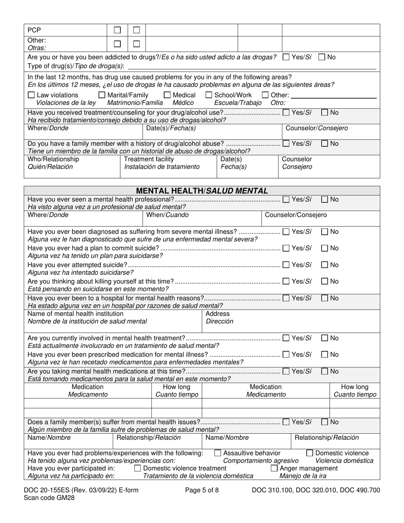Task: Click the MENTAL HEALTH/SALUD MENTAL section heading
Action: coord(202,191)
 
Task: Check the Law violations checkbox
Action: coord(31,95)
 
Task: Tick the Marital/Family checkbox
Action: coord(102,95)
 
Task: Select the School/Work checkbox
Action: coord(209,95)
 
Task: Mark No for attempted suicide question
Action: coord(324,265)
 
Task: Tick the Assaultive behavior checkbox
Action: coord(218,453)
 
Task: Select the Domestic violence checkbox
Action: coord(310,453)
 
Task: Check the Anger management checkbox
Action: coord(274,469)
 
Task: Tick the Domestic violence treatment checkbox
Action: coord(137,469)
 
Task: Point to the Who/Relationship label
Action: coord(53,159)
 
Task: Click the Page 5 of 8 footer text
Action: coord(202,490)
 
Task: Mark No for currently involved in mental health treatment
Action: coord(324,338)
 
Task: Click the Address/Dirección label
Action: coord(218,314)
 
